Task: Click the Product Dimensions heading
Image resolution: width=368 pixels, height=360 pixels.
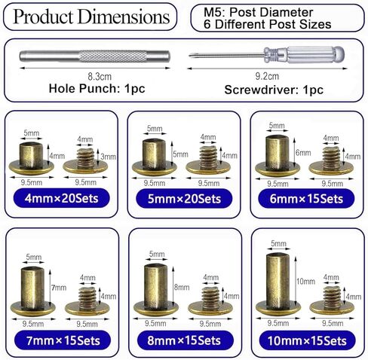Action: (x=91, y=17)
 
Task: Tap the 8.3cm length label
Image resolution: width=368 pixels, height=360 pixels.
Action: (x=100, y=77)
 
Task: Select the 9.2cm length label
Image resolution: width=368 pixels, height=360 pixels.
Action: (x=267, y=76)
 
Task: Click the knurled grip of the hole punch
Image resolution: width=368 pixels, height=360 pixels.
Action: (x=112, y=56)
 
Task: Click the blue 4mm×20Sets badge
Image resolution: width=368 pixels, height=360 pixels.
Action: (x=61, y=198)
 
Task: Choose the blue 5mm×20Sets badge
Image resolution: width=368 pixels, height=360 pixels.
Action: (x=184, y=199)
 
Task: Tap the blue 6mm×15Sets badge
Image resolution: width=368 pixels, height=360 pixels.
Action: (x=306, y=199)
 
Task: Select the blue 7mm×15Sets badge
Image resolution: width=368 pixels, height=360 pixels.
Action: (x=63, y=340)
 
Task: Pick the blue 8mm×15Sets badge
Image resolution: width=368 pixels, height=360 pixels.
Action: (x=185, y=340)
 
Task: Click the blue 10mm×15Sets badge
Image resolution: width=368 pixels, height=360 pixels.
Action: (x=307, y=340)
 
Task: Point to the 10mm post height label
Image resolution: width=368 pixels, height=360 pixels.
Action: (x=305, y=281)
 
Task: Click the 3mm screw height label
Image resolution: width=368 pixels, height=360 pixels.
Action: (x=109, y=157)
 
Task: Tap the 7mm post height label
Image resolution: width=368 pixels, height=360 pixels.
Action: (x=59, y=288)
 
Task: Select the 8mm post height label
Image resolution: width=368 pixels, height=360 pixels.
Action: (x=182, y=287)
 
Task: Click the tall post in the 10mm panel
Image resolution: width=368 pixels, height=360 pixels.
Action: (x=278, y=284)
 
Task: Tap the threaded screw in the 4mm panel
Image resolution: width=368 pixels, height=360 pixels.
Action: (x=85, y=161)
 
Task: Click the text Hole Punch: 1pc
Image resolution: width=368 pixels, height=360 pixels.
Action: (x=97, y=88)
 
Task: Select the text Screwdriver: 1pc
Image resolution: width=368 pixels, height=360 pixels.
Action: (x=274, y=90)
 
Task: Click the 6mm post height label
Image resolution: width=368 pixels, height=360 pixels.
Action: (x=303, y=153)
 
